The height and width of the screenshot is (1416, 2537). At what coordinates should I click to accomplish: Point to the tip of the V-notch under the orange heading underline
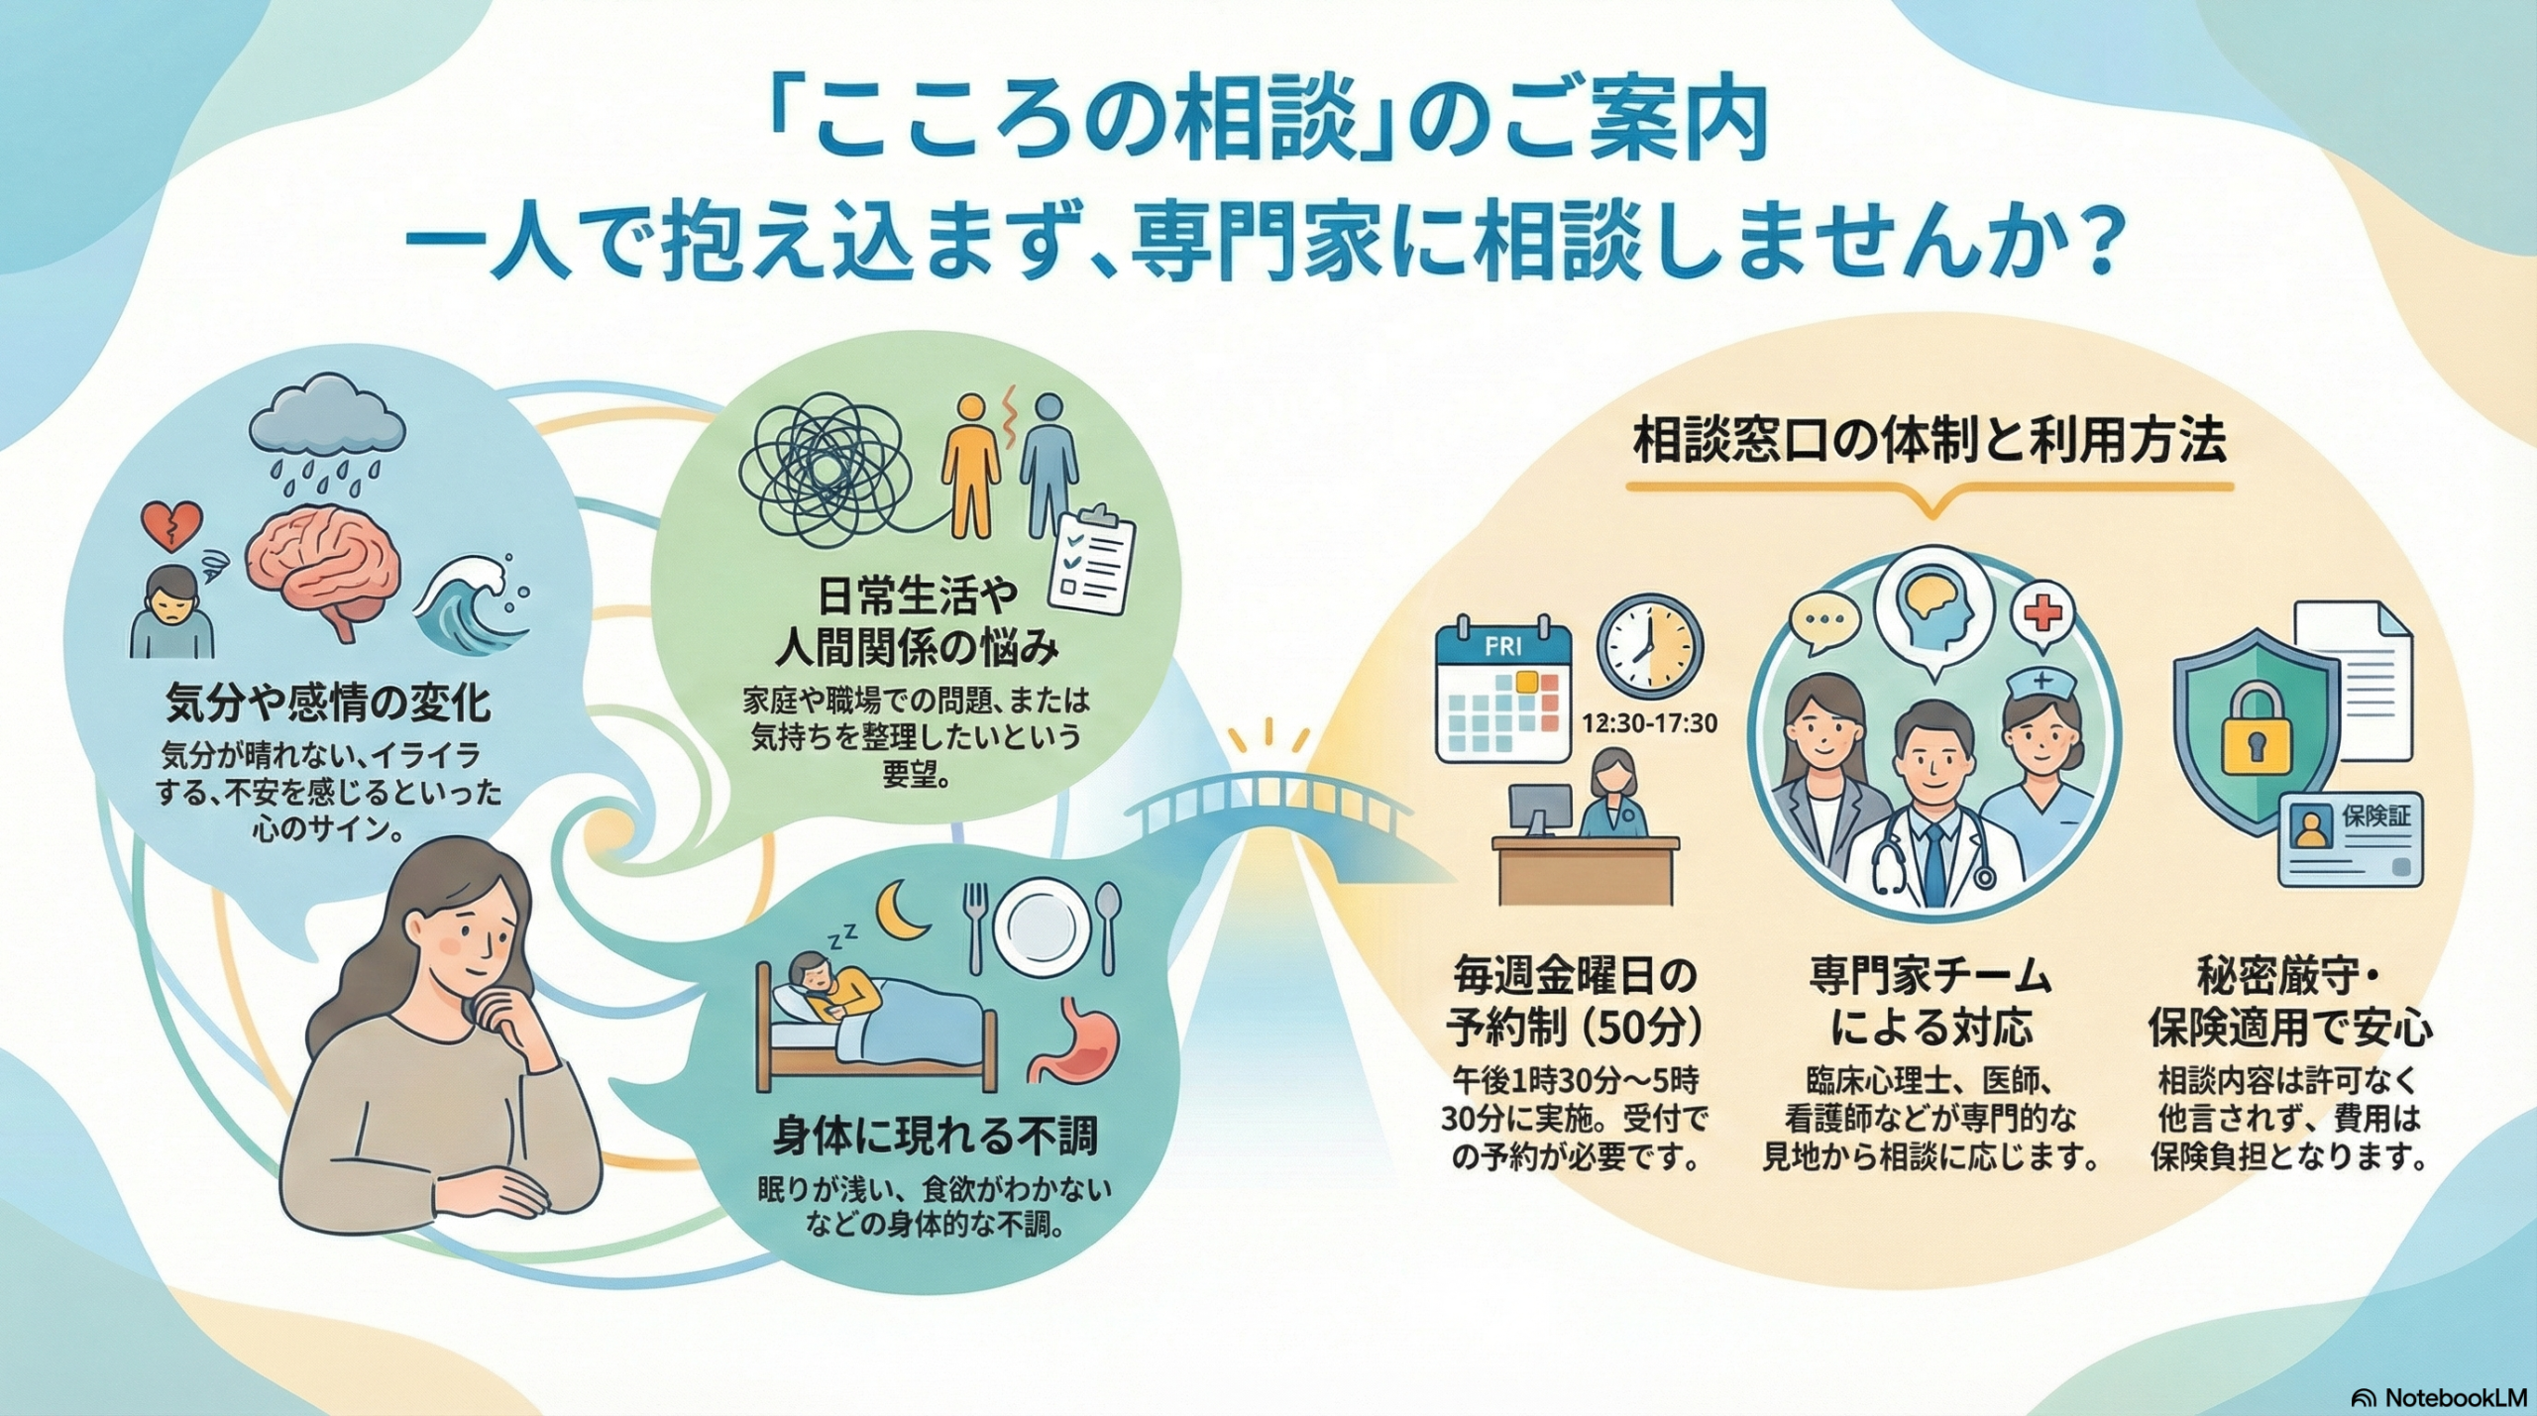[x=1930, y=516]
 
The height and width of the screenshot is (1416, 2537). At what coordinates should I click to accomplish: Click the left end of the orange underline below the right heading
[x=1628, y=488]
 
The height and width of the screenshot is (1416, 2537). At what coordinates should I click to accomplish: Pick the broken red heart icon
[x=172, y=526]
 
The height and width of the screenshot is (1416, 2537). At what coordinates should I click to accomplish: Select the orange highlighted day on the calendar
[x=1527, y=681]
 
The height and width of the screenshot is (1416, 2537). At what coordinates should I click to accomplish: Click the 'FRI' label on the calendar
[x=1503, y=648]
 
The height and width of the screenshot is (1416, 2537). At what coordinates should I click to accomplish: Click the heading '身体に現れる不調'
[x=935, y=1137]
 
